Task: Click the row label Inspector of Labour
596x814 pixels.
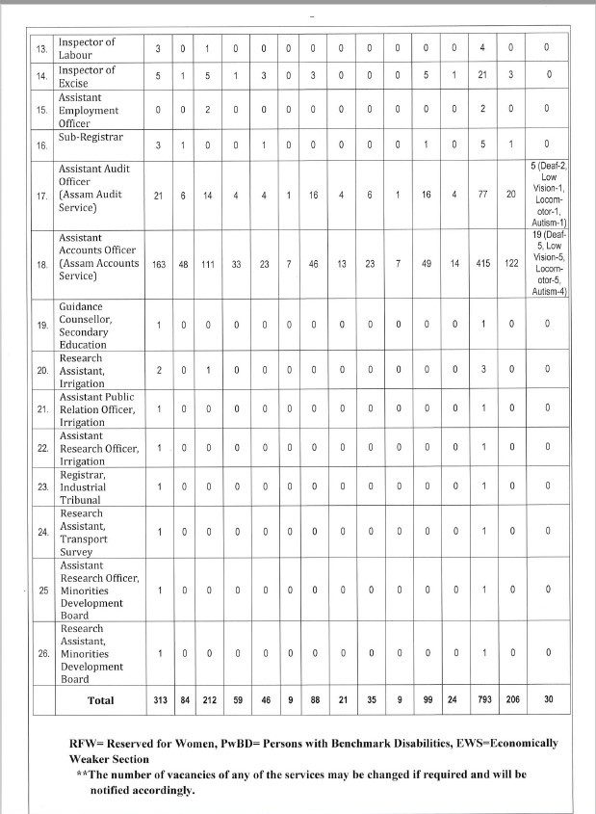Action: tap(87, 48)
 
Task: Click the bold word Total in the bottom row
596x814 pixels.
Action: tap(101, 701)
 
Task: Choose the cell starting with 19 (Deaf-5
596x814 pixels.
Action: tap(546, 263)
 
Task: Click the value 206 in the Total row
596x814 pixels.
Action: tap(512, 701)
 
